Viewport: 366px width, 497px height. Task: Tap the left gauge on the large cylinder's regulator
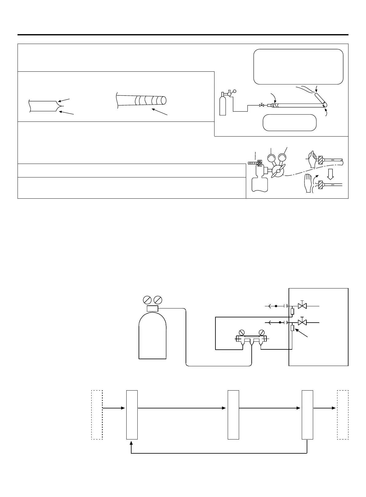tap(148, 300)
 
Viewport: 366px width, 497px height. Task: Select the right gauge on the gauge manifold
tap(262, 332)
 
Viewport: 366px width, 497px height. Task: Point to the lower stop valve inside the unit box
tap(303, 322)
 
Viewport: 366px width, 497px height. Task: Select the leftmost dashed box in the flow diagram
tap(97, 415)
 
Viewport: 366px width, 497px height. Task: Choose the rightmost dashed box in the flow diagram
tap(343, 415)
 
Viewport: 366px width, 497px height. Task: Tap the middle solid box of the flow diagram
tap(233, 415)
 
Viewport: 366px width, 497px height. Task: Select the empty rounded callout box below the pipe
tap(289, 123)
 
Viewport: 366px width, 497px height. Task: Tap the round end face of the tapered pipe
tap(164, 100)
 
